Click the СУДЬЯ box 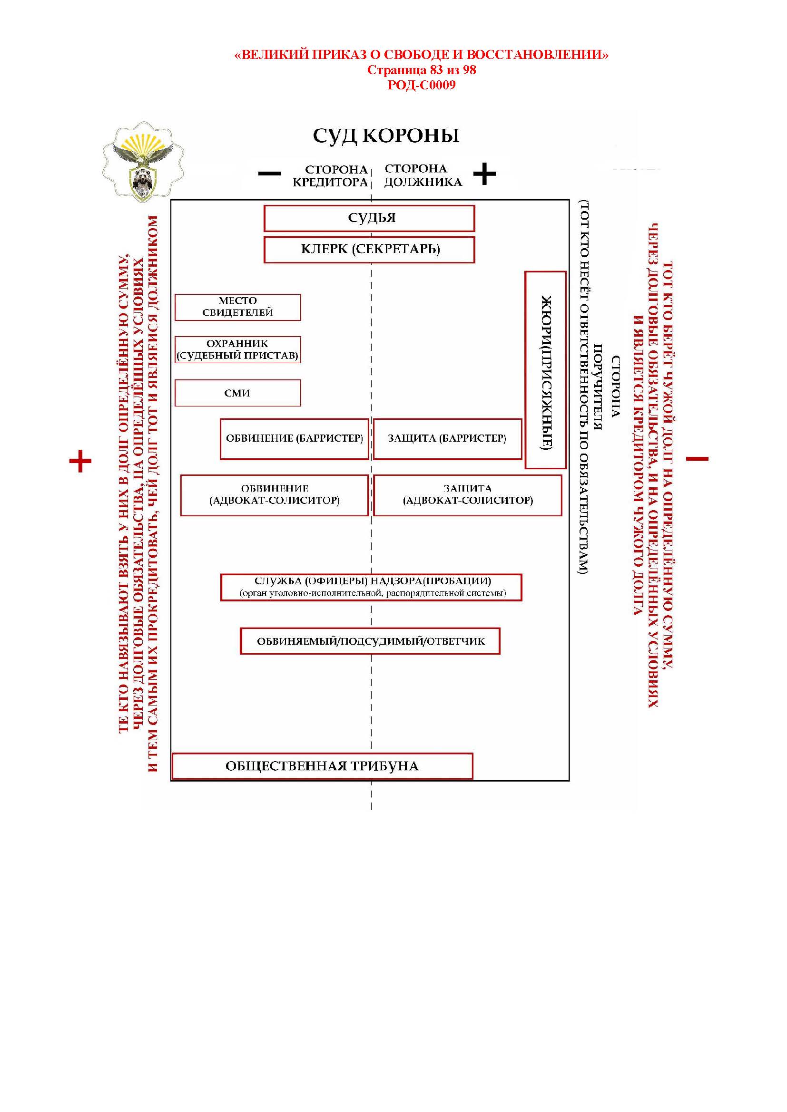(369, 218)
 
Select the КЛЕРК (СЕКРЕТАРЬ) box (369, 250)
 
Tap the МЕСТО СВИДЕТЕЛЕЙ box (237, 307)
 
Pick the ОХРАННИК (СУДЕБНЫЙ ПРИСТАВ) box (237, 350)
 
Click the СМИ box (237, 393)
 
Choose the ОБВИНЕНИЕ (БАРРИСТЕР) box (294, 439)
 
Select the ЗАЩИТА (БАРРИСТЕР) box (447, 439)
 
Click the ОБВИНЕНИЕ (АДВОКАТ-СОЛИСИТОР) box (274, 495)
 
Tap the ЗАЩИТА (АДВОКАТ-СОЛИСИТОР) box (468, 495)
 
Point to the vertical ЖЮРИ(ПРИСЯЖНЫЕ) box (546, 370)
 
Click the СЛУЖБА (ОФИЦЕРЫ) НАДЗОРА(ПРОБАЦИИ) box (371, 587)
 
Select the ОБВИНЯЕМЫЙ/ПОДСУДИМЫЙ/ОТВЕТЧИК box (370, 641)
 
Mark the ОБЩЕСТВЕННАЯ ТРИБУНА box (322, 766)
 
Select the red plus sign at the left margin (80, 461)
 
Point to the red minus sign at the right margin (698, 459)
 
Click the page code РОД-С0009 (421, 86)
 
